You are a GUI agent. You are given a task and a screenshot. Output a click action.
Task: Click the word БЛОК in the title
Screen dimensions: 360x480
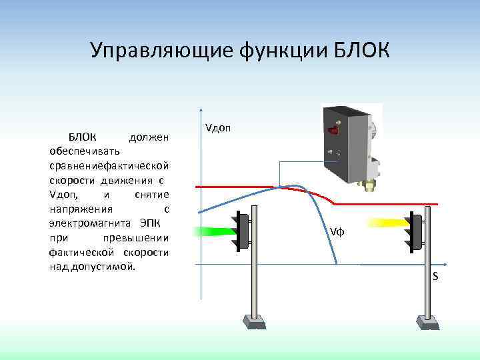(354, 51)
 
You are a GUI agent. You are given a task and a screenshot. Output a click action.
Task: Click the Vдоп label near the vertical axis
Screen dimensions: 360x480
(218, 127)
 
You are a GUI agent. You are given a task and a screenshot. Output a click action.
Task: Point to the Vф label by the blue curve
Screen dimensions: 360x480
(337, 231)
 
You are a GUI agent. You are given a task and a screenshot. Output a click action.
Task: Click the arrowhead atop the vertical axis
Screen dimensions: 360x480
(201, 109)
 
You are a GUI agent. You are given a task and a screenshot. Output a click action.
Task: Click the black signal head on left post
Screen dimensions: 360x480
(243, 231)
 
